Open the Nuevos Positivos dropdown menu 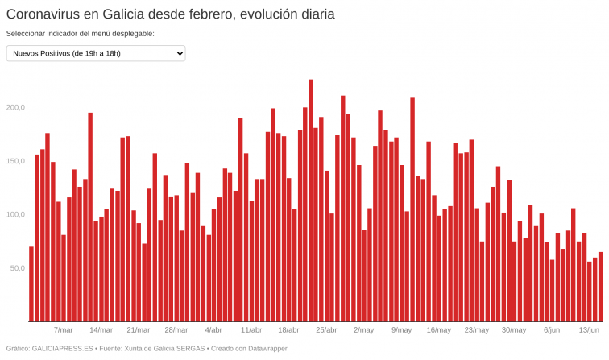[96, 53]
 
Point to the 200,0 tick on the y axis [16, 107]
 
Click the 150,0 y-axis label [16, 161]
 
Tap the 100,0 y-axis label [16, 214]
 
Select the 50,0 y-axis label [18, 267]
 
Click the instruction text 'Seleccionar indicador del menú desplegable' [80, 34]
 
